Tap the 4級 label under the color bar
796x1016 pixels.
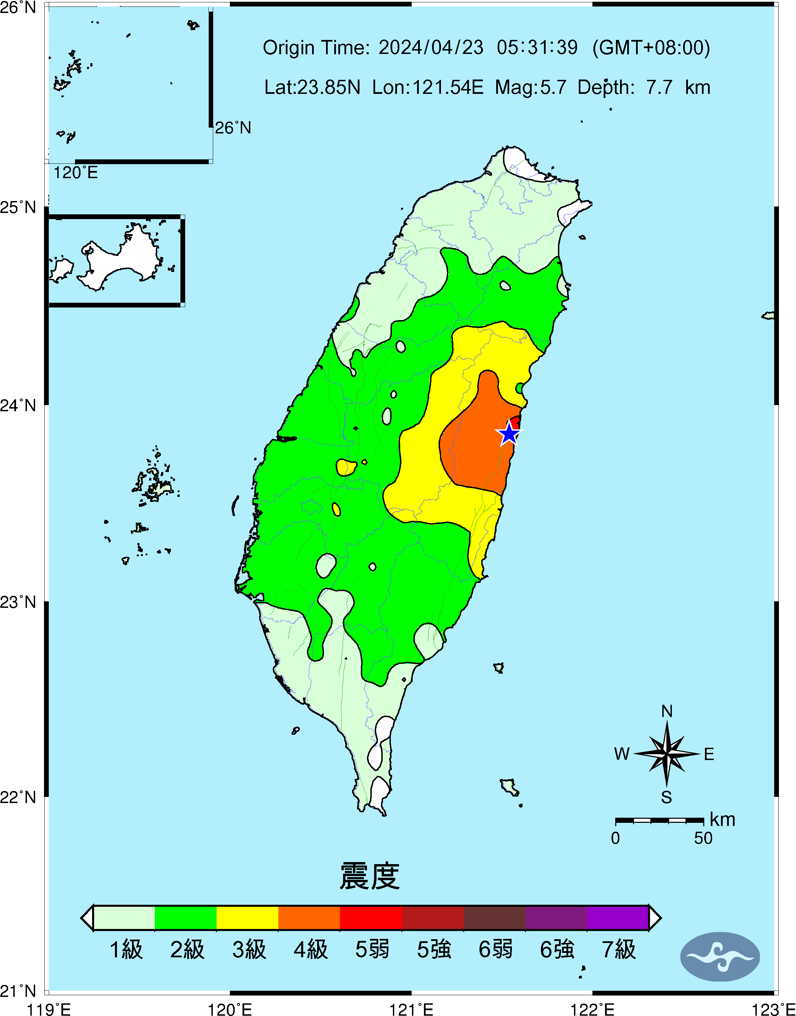tap(310, 949)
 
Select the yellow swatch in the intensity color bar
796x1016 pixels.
tap(248, 918)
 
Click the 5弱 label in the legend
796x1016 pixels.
tap(372, 949)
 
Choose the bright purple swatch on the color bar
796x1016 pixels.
tap(618, 918)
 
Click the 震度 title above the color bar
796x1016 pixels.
tap(370, 876)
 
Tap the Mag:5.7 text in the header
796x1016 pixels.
tap(530, 87)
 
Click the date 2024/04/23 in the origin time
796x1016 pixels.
tap(431, 47)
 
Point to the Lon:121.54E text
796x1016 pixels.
tap(427, 87)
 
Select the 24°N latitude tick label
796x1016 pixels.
tap(18, 405)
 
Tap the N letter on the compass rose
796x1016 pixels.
tap(667, 711)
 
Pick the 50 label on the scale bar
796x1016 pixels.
tap(703, 838)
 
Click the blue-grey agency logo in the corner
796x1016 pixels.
tap(720, 956)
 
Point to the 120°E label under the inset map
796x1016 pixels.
tap(75, 173)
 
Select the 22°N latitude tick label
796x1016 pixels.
tap(18, 797)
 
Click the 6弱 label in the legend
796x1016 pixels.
tap(496, 949)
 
